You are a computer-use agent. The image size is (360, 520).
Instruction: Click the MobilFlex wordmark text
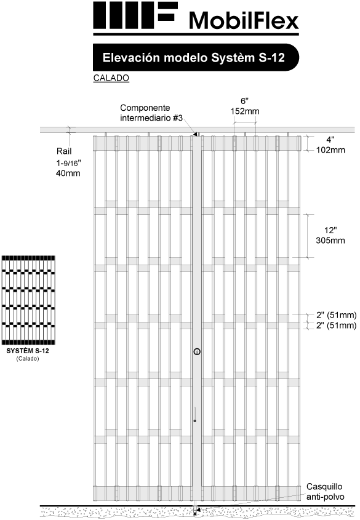coord(244,20)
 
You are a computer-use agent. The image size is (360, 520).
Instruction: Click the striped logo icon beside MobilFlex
coord(135,15)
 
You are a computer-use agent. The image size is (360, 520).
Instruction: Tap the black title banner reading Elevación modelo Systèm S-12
coord(196,57)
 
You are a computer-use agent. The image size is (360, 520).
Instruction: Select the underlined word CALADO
coord(111,78)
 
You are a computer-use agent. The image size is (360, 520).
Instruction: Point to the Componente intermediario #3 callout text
coord(151,113)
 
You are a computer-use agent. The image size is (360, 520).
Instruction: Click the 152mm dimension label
coord(245,111)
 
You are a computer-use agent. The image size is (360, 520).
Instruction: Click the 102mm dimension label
coord(330,150)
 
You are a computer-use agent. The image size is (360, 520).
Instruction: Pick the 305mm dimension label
coord(330,241)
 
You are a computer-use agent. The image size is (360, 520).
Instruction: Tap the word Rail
coord(64,151)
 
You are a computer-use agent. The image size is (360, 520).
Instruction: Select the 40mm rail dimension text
coord(68,173)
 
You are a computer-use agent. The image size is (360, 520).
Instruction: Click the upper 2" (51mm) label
coord(336,314)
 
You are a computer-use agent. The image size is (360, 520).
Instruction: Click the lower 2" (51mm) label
coord(336,326)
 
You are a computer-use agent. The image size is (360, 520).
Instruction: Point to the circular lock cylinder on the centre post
coord(198,351)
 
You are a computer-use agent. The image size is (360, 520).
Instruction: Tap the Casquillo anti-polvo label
coord(325,492)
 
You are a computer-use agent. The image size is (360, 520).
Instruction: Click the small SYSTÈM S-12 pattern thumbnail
coord(28,300)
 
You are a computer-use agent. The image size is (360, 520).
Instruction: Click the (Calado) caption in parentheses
coord(28,359)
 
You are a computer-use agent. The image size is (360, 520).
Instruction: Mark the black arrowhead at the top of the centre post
coord(195,134)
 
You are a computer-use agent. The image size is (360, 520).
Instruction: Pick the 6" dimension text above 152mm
coord(245,101)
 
